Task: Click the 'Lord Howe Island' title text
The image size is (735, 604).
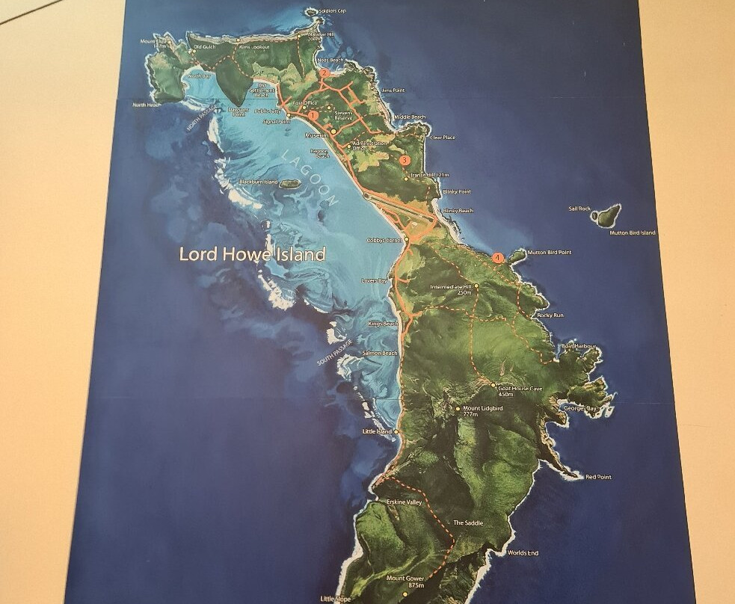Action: (252, 254)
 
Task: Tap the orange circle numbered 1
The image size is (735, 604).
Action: (313, 115)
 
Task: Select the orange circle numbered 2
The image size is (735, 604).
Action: (325, 73)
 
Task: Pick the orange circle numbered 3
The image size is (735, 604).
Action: (405, 160)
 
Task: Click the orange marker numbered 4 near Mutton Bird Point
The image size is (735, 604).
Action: (499, 257)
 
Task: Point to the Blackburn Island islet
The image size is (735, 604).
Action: (286, 183)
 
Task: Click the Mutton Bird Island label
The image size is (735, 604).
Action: (632, 233)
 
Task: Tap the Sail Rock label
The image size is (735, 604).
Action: (579, 209)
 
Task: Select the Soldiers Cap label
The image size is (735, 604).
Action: (332, 11)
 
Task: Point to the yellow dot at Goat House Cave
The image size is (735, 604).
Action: (493, 386)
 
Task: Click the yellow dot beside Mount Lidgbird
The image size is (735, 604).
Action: (458, 409)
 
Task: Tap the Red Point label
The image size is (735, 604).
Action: (598, 477)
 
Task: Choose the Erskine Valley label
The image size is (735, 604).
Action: (404, 502)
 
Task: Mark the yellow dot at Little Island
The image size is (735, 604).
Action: (396, 431)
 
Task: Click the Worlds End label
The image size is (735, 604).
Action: (522, 553)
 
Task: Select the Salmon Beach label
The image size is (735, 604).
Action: (380, 353)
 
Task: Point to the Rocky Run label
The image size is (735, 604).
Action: (550, 315)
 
